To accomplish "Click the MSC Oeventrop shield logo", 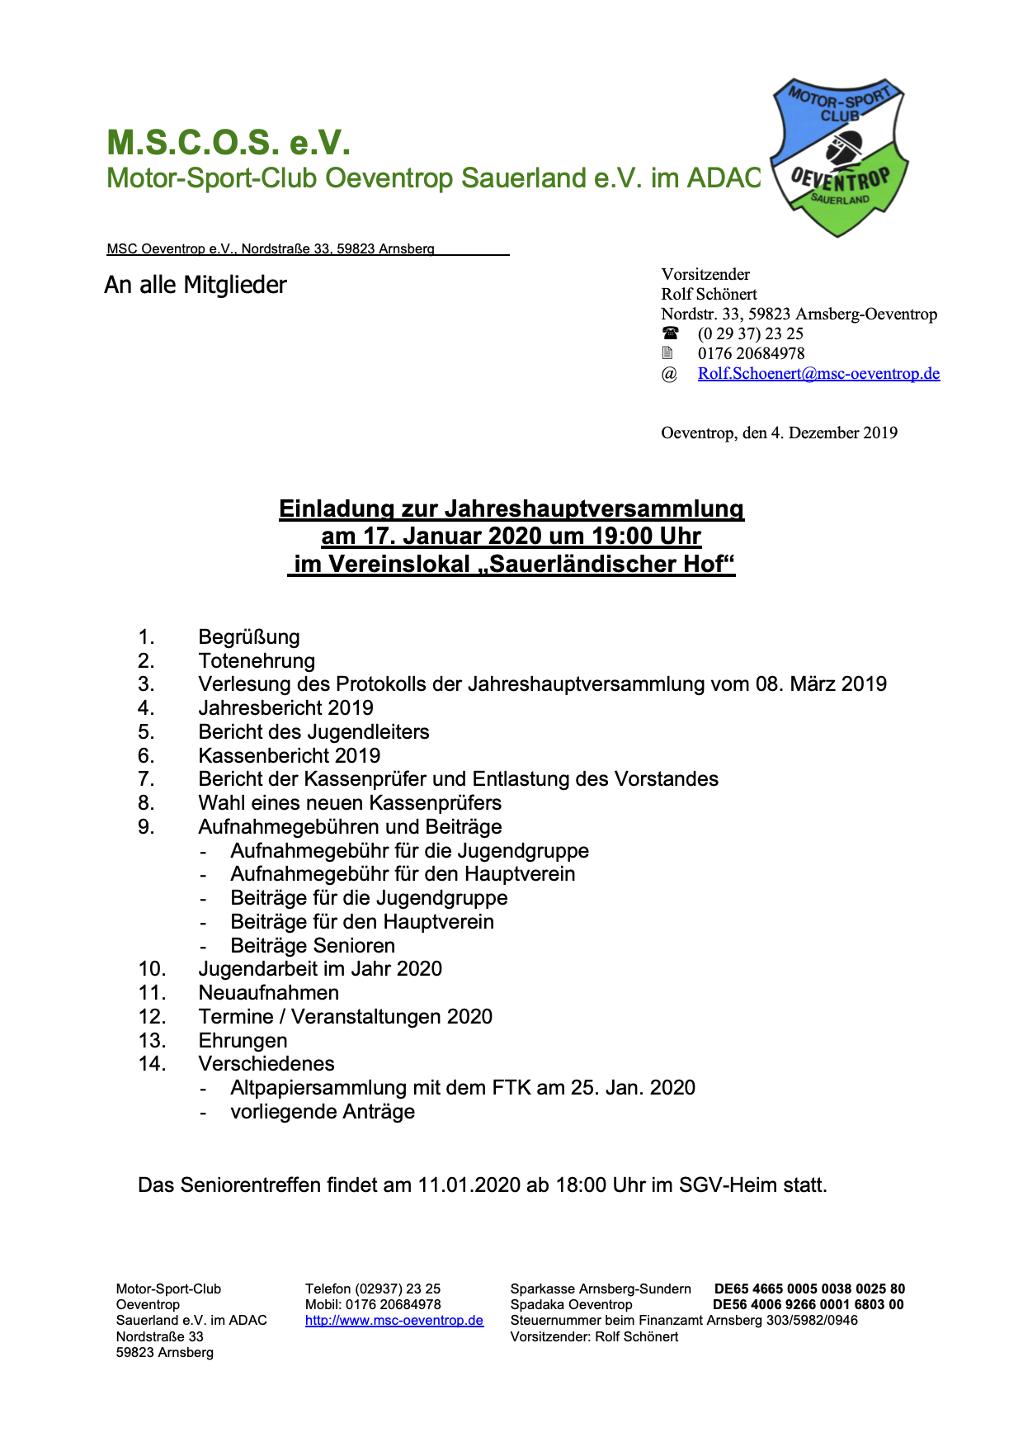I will point(839,157).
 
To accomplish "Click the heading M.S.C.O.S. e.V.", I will point(229,142).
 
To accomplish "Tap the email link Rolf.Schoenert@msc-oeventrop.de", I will point(818,373).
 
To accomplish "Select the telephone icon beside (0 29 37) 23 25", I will point(671,333).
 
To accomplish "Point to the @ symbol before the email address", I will point(669,374).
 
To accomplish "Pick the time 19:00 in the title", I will point(619,537).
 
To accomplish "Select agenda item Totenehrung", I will point(257,660).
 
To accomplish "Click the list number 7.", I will point(146,779).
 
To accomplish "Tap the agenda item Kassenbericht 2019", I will point(290,755).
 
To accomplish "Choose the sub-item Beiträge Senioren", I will point(313,945).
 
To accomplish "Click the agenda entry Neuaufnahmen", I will point(269,992).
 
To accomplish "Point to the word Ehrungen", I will point(243,1040).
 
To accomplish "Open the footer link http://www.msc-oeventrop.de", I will point(394,1320).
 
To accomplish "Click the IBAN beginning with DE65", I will point(809,1289).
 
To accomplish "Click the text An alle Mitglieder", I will point(196,285).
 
